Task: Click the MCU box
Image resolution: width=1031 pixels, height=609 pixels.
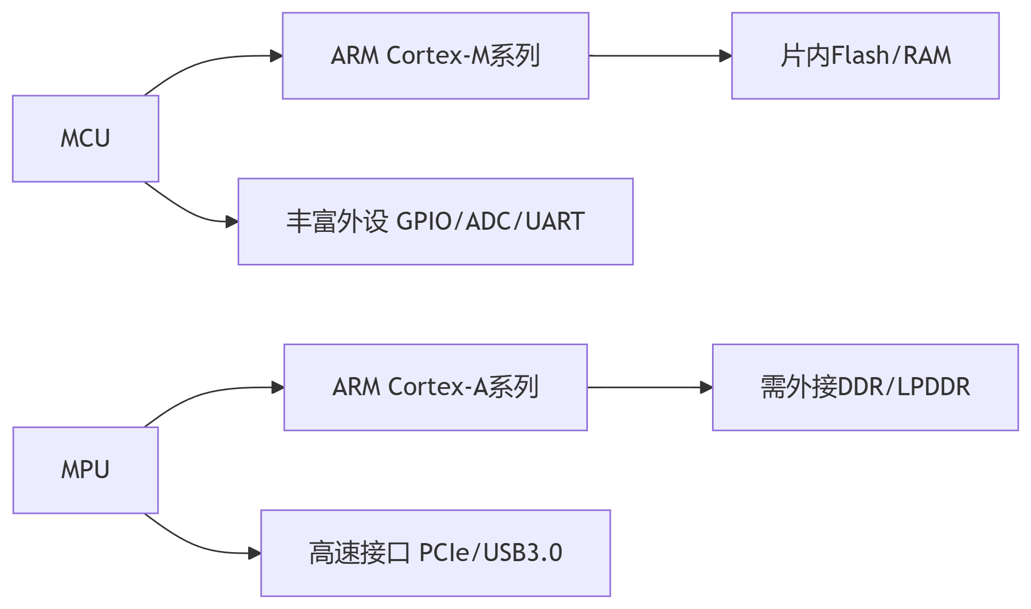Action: [x=86, y=139]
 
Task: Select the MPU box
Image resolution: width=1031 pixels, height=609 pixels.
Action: [x=86, y=470]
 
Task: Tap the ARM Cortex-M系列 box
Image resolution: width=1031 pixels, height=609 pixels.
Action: [x=435, y=56]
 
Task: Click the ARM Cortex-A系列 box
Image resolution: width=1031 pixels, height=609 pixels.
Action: [x=435, y=387]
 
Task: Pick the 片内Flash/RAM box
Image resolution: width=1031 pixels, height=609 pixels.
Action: [x=865, y=56]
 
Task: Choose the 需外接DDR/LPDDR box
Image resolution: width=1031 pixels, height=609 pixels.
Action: [x=865, y=387]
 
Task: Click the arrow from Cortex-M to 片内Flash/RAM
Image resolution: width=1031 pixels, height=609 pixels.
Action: [x=660, y=56]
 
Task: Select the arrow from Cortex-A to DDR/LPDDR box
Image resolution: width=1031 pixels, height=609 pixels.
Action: [x=650, y=387]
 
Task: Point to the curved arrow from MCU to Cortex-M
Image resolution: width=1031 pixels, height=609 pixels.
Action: [x=202, y=63]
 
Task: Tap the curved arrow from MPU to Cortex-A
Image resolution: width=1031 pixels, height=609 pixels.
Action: [x=202, y=394]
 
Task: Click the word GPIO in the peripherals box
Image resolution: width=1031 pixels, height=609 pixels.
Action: [x=424, y=222]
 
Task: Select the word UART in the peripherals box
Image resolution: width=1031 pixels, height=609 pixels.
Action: [x=555, y=222]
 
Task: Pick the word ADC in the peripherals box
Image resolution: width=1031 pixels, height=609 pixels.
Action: [x=489, y=222]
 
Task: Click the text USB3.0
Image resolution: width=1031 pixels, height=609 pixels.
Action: [x=522, y=553]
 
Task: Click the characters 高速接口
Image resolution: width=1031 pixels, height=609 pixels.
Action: [x=359, y=553]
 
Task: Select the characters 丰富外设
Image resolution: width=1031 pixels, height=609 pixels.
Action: [x=337, y=222]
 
